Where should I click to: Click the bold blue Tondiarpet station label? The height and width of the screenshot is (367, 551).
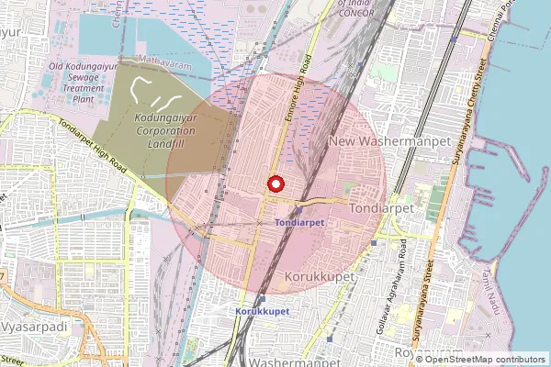(298, 223)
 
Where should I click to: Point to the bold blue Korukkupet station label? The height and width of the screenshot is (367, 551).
(259, 312)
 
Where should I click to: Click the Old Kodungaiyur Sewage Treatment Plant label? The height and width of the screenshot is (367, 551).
(84, 82)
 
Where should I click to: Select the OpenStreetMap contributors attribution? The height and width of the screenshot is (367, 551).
(485, 359)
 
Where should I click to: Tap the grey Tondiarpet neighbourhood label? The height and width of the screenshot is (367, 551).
(384, 209)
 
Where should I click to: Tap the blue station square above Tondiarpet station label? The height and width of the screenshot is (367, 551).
(298, 210)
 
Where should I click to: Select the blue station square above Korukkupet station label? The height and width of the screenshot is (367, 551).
(263, 299)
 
